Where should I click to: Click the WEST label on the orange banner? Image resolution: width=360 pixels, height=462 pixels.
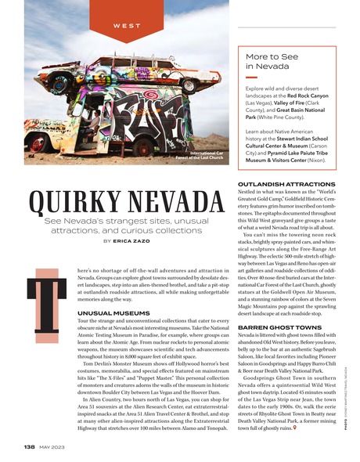click(116, 27)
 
